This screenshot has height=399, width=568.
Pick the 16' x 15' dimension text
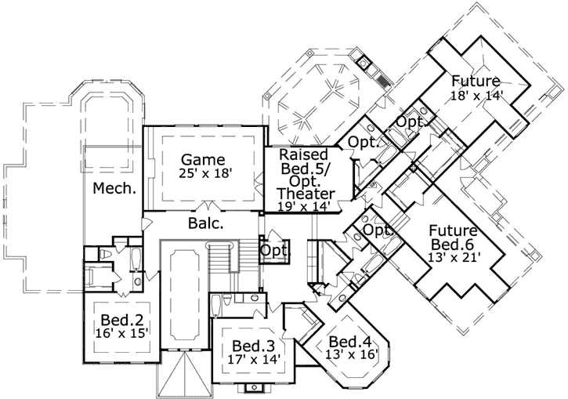120,334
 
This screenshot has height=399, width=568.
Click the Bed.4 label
349,342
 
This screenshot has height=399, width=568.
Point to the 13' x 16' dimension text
352,356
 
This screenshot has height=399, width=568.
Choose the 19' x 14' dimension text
304,206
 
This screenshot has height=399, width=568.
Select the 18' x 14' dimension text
476,96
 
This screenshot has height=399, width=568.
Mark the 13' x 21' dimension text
454,256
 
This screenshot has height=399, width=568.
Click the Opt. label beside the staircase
274,250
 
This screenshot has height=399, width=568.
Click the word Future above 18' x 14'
475,82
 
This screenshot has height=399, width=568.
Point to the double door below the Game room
206,206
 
